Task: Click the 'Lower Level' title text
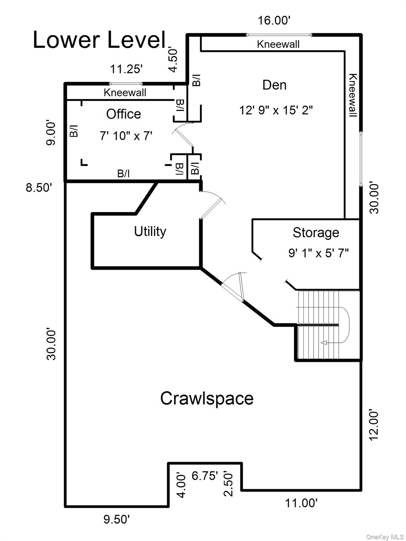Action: click(x=99, y=40)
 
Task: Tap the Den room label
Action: click(x=274, y=85)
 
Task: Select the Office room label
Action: click(x=123, y=114)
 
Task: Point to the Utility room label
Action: click(x=150, y=231)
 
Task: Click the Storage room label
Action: click(x=316, y=233)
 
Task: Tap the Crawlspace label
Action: click(x=207, y=399)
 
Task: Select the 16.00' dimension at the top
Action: click(x=274, y=20)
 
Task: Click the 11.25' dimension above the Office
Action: click(x=126, y=69)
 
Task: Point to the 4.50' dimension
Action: click(x=173, y=60)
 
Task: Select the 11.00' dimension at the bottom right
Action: click(x=301, y=503)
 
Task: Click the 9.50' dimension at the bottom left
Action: click(x=117, y=520)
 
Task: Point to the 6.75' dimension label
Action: click(x=205, y=476)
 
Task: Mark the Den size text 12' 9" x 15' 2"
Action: click(x=276, y=110)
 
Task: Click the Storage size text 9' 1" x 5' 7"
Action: click(x=319, y=253)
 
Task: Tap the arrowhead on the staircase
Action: click(x=324, y=343)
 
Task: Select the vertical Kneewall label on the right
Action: click(x=352, y=95)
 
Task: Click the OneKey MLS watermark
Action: click(x=385, y=537)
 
